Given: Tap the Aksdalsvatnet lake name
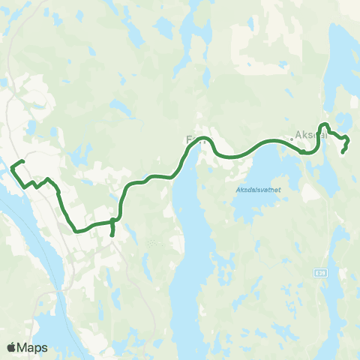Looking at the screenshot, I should coord(258,190).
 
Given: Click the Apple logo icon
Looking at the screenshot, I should coord(11,347).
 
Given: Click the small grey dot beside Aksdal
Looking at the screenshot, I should coord(292,139).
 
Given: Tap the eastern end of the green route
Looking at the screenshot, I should coord(343,152).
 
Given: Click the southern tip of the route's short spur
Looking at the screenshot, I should coord(112,235).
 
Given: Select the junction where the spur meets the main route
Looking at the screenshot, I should coord(112,220).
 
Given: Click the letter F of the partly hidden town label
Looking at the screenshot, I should coord(189,139).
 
